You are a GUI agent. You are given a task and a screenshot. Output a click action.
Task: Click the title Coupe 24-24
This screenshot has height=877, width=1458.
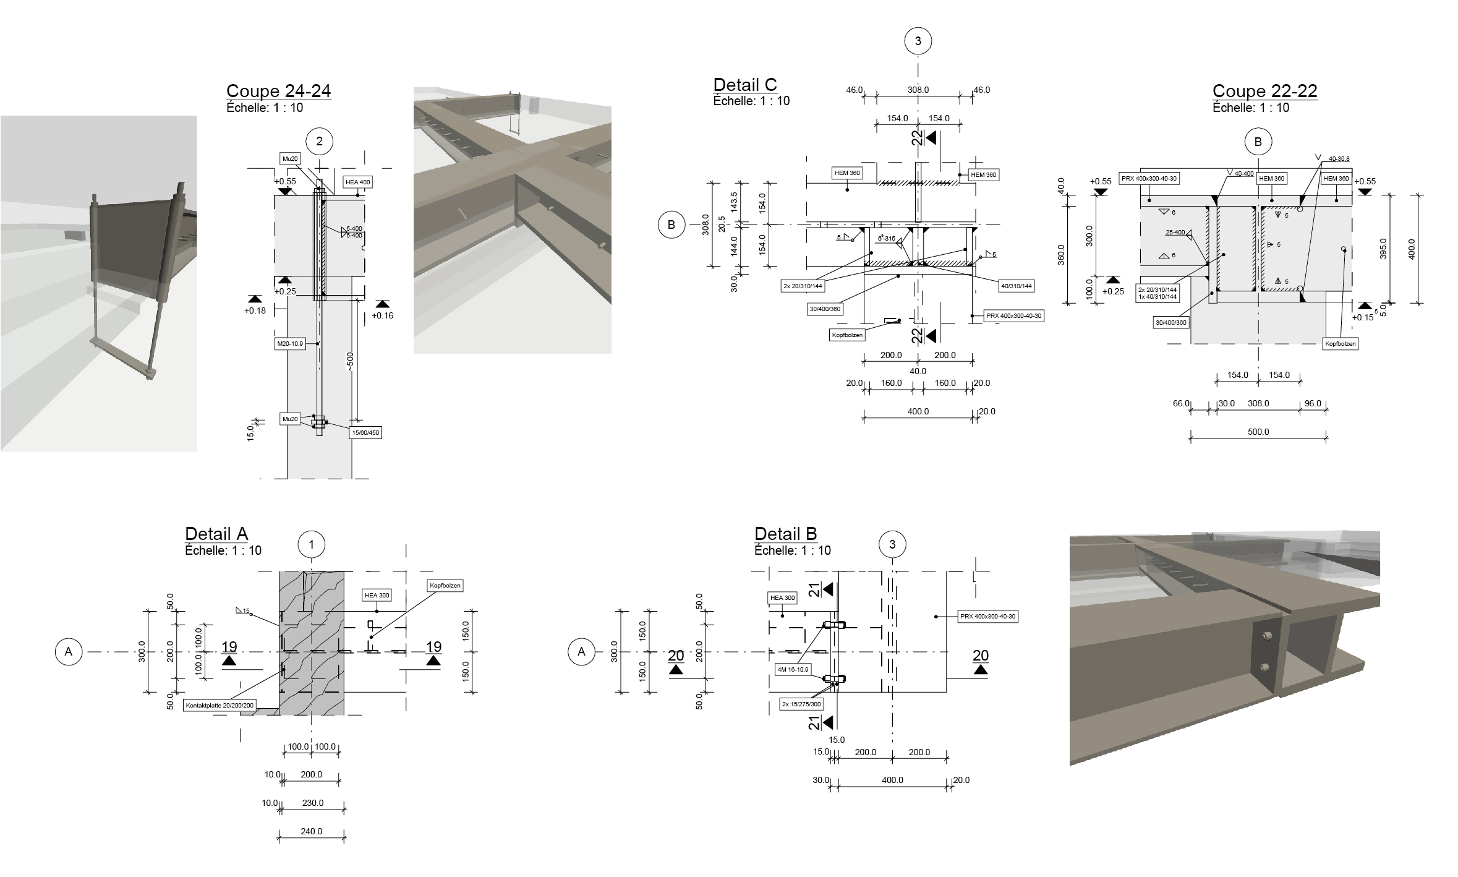[278, 91]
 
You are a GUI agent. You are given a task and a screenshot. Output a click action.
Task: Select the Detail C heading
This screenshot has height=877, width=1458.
[744, 85]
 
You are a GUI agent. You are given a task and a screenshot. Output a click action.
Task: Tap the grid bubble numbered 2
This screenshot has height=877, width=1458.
[319, 142]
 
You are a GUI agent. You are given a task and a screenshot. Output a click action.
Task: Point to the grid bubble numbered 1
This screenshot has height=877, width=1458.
[312, 544]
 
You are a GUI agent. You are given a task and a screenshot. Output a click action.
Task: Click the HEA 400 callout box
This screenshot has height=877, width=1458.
[358, 182]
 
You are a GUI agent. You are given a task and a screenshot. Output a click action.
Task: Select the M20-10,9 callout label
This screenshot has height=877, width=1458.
[291, 343]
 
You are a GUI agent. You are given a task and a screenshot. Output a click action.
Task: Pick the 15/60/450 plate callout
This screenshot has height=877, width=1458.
[365, 432]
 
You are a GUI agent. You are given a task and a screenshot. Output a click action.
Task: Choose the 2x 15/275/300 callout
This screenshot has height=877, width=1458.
[801, 704]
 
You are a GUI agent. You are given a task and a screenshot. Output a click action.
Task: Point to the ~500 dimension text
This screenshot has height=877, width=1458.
[350, 362]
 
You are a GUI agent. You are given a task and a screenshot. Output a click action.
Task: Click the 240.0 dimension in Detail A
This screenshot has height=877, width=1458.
[312, 831]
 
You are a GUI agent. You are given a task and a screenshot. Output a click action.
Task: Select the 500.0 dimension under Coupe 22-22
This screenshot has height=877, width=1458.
[1258, 432]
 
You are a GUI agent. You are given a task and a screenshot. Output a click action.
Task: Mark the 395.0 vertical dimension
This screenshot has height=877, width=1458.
[1383, 249]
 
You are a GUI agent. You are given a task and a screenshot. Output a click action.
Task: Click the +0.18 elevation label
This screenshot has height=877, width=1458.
[255, 310]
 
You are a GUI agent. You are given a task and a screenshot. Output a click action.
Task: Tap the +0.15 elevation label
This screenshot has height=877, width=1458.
[1363, 317]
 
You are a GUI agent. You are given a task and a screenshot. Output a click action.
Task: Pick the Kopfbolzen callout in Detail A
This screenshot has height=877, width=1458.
[445, 585]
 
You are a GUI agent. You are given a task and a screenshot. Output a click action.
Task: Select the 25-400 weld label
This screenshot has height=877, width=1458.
[1175, 233]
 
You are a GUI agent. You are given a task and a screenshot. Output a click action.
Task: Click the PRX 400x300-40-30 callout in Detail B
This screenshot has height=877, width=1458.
[987, 617]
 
